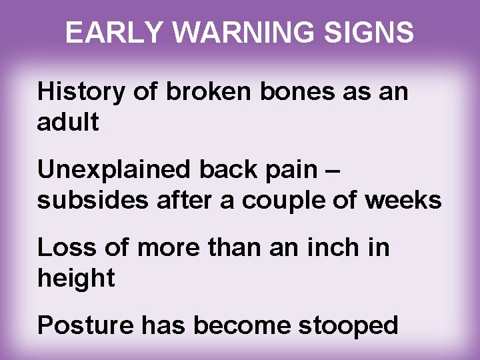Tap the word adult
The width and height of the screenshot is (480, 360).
pos(69,123)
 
